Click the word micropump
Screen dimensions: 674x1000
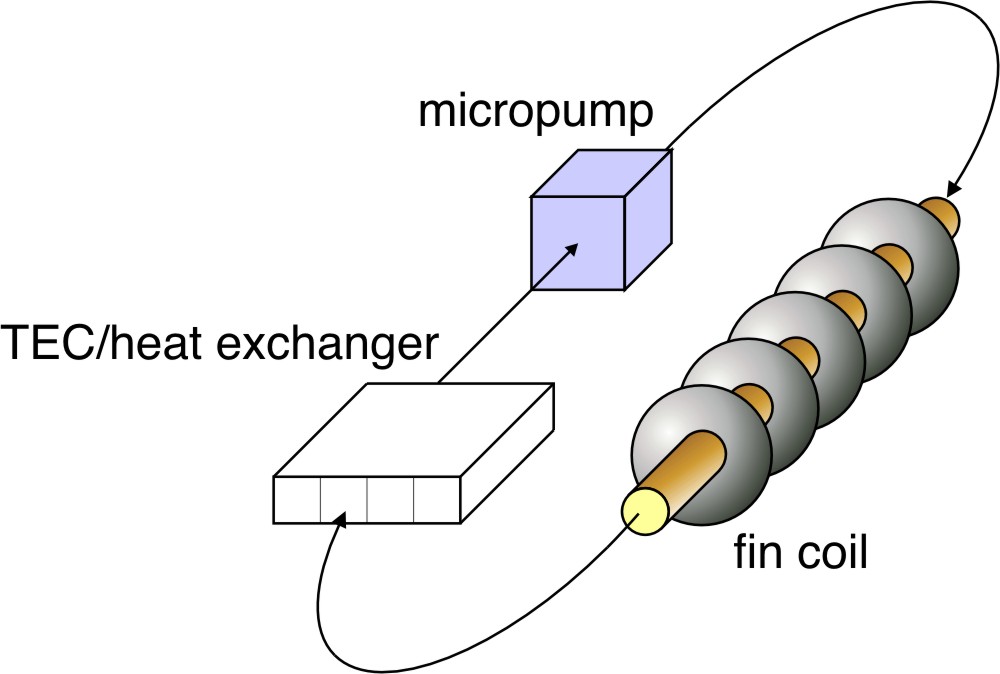coord(536,111)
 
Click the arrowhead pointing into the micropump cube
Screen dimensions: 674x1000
coord(571,248)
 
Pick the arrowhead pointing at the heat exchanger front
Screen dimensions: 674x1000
coord(340,520)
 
